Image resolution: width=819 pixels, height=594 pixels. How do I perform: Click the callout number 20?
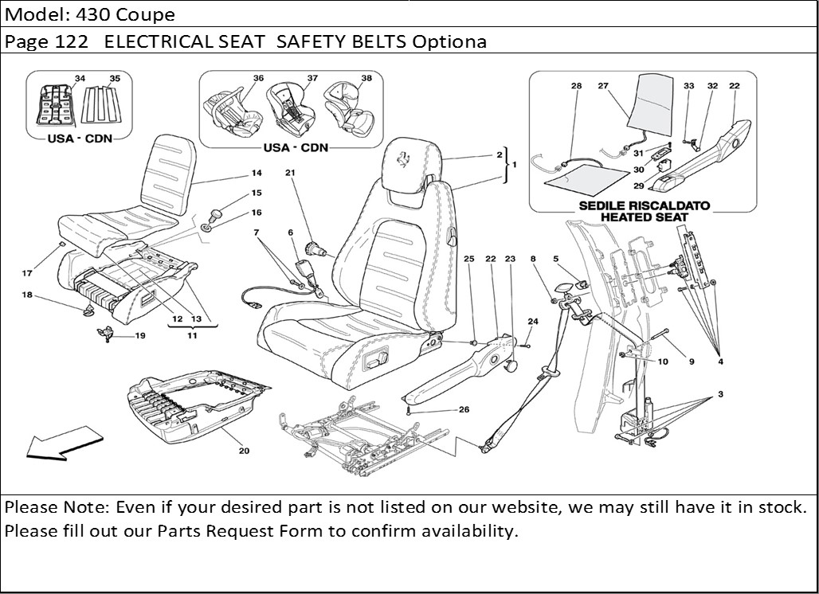click(x=243, y=451)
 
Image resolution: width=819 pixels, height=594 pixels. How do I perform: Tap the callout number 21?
click(x=290, y=173)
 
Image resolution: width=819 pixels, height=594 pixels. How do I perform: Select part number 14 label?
click(x=257, y=173)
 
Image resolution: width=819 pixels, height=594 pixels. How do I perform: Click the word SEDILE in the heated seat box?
click(x=605, y=205)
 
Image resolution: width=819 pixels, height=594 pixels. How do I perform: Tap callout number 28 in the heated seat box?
click(x=577, y=86)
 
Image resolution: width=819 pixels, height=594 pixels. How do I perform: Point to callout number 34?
click(x=80, y=78)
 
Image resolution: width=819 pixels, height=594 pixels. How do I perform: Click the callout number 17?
click(x=27, y=273)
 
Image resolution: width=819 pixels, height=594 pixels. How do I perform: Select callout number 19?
click(x=140, y=336)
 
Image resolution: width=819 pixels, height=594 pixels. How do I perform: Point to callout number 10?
click(x=663, y=361)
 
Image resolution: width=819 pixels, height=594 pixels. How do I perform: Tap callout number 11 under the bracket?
click(x=192, y=336)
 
